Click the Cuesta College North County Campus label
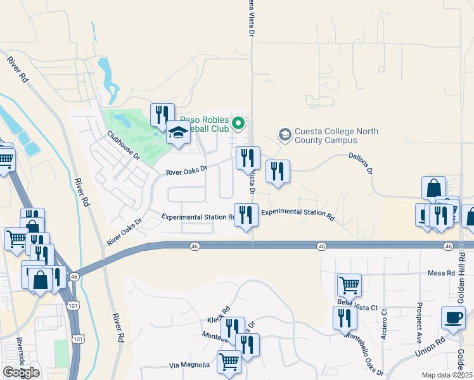point(336,136)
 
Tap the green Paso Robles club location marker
point(238,122)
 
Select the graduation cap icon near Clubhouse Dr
point(178,134)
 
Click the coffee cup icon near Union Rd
point(453,317)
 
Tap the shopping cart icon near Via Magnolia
point(229,362)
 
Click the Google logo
point(21,372)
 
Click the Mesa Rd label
point(445,273)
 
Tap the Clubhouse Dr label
point(123,145)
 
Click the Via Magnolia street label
point(189,365)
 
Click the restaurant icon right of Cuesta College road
point(278,171)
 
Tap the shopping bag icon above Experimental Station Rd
point(434,187)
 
